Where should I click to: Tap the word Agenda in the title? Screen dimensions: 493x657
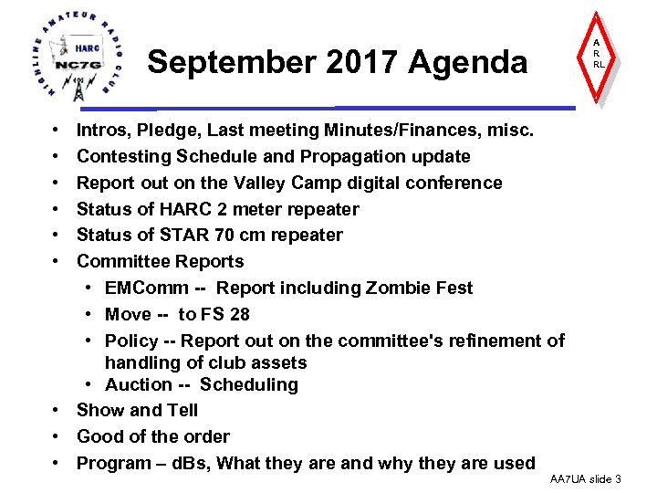(x=468, y=62)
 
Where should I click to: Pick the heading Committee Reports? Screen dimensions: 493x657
(x=160, y=261)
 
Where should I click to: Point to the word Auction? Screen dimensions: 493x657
(x=138, y=384)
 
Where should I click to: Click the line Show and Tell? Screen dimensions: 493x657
(x=137, y=410)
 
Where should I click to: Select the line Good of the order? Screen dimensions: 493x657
(x=152, y=436)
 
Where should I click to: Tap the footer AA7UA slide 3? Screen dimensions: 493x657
(x=586, y=479)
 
